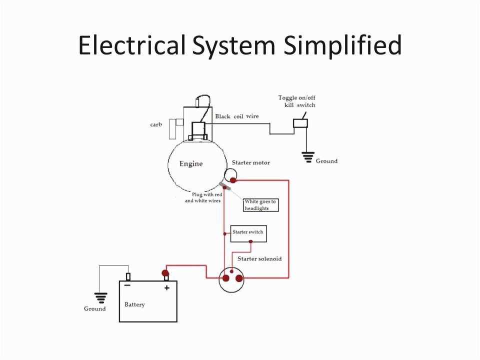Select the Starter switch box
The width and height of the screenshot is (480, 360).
coord(248,233)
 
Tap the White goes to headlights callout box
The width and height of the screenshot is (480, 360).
coord(259,205)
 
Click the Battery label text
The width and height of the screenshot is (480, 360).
coord(134,304)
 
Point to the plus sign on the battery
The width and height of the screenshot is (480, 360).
coord(167,287)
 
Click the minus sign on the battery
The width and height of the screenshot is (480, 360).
coord(127,286)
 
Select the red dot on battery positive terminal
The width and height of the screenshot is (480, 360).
coord(165,273)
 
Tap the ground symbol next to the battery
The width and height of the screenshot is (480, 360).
coord(101,298)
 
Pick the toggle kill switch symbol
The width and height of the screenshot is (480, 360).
coord(300,122)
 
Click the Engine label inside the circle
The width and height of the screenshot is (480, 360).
coord(191,164)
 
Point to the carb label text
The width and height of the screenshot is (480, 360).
coord(156,124)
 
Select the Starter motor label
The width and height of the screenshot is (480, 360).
coord(251,163)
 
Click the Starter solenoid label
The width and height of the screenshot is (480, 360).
coord(259,258)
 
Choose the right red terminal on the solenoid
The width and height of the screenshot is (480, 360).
coord(239,278)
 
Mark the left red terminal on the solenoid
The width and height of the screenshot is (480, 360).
coord(226,278)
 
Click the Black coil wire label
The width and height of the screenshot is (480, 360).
coord(237,116)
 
